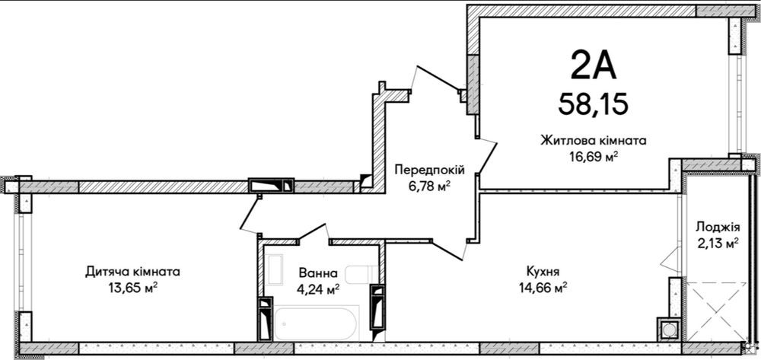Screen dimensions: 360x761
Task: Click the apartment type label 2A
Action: (593, 67)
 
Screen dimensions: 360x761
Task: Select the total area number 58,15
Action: (593, 103)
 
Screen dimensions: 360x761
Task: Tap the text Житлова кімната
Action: (593, 141)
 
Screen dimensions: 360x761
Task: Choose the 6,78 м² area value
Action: (428, 186)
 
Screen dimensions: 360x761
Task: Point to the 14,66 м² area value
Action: (542, 287)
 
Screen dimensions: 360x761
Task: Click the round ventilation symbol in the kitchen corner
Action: (668, 329)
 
